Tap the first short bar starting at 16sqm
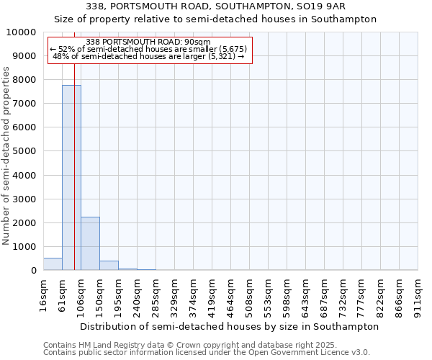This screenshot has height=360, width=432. click(x=53, y=264)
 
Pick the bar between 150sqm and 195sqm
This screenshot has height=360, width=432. click(x=109, y=266)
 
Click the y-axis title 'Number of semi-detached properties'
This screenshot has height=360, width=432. click(x=7, y=156)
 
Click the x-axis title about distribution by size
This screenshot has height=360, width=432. click(x=229, y=326)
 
